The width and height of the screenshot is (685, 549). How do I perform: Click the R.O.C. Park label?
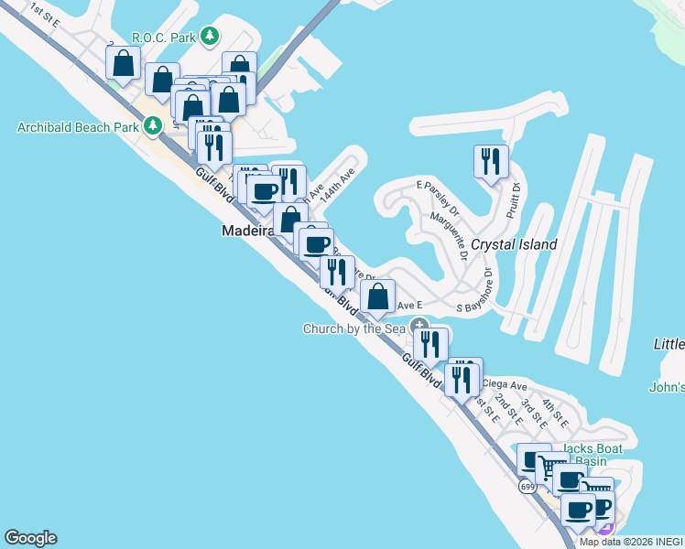165,37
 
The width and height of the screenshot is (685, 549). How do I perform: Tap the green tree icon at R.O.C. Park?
212,37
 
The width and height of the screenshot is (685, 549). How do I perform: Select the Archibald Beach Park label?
76,127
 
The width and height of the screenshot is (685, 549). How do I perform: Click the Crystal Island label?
514,245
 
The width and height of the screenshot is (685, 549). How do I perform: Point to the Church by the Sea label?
355,328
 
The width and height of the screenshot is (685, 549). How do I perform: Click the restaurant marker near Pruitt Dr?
491,163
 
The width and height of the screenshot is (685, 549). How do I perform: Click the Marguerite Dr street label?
451,235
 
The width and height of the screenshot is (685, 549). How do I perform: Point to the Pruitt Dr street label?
514,200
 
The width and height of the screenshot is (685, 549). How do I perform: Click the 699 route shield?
527,487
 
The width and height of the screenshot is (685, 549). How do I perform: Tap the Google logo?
30,538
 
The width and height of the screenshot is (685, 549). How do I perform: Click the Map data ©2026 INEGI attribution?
631,542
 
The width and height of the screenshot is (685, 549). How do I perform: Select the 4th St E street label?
555,414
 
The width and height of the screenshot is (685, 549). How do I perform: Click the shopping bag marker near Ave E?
377,297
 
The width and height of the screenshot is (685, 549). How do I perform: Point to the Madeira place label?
248,231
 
